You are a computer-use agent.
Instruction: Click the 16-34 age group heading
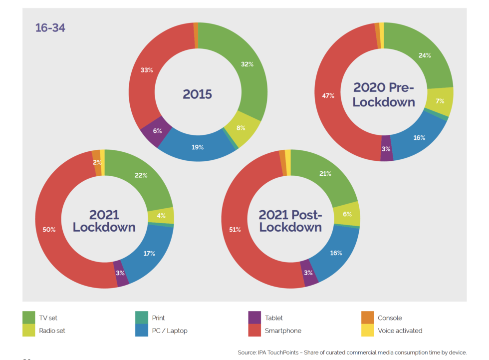pyautogui.click(x=50, y=27)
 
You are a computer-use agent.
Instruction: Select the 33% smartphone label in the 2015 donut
pyautogui.click(x=147, y=70)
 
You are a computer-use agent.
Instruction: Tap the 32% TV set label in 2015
pyautogui.click(x=247, y=64)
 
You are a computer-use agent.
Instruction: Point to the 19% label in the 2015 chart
pyautogui.click(x=198, y=147)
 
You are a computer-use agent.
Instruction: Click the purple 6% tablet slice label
pyautogui.click(x=158, y=130)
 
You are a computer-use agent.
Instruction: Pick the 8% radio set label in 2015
pyautogui.click(x=241, y=128)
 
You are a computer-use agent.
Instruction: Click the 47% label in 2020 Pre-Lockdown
pyautogui.click(x=328, y=95)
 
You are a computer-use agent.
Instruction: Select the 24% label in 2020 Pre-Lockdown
pyautogui.click(x=425, y=55)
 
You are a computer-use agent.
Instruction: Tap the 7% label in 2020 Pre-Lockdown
pyautogui.click(x=440, y=101)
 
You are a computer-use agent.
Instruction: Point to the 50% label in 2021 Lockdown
pyautogui.click(x=49, y=229)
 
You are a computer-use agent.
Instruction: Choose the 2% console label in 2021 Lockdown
pyautogui.click(x=97, y=162)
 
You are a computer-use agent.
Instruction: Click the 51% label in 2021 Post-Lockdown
pyautogui.click(x=235, y=230)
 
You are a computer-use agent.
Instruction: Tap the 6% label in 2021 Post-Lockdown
pyautogui.click(x=348, y=214)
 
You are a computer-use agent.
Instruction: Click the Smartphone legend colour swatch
pyautogui.click(x=254, y=331)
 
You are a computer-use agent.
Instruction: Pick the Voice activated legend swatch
pyautogui.click(x=368, y=331)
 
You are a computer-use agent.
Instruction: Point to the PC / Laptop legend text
pyautogui.click(x=170, y=331)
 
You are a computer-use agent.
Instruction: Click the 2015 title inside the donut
pyautogui.click(x=197, y=94)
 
